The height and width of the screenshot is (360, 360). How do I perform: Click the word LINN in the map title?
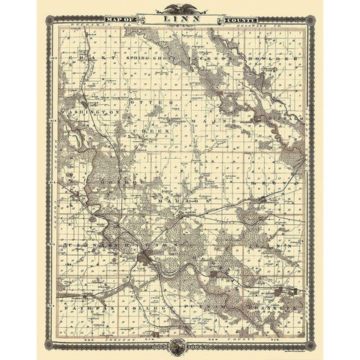tap(179, 18)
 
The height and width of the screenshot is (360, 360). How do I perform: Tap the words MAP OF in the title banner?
tap(123, 18)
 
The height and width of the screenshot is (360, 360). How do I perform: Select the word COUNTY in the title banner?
tap(237, 18)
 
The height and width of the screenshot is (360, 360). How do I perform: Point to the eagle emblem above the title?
tap(179, 8)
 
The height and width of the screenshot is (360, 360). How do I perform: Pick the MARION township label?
tap(180, 202)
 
